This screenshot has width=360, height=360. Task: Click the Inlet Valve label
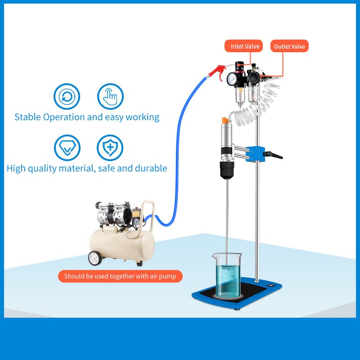tap(245, 46)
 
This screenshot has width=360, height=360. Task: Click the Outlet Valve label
tap(289, 46)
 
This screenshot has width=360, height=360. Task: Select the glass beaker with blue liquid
tap(229, 275)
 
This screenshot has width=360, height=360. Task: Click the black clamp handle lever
tap(275, 156)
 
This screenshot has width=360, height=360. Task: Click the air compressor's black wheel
tap(95, 258)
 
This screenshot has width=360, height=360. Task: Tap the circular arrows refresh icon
tap(67, 97)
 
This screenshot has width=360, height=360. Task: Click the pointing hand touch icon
tap(110, 97)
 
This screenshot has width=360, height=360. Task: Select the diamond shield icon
tap(67, 148)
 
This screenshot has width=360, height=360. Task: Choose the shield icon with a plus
tap(110, 148)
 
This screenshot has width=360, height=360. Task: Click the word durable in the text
tap(151, 168)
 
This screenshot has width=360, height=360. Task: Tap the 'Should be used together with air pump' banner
tap(120, 276)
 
